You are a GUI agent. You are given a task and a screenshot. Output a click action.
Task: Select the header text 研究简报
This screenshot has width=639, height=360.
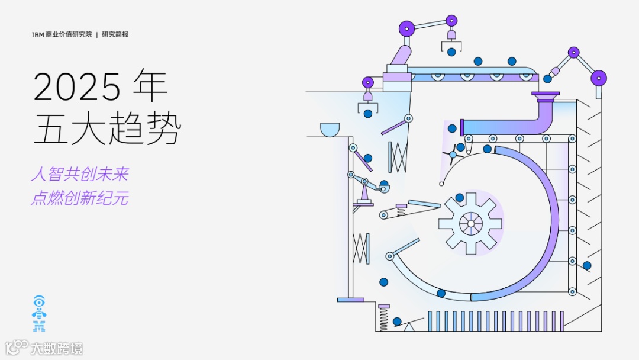pyautogui.click(x=115, y=34)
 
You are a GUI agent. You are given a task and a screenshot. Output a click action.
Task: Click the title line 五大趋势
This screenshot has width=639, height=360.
pyautogui.click(x=106, y=130)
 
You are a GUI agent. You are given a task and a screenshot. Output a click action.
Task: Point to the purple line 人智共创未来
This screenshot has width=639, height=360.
pyautogui.click(x=80, y=174)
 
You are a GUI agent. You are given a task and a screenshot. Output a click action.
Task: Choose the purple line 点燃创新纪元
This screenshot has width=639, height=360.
pyautogui.click(x=80, y=198)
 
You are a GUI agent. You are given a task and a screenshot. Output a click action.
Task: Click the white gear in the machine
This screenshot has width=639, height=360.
pyautogui.click(x=470, y=223)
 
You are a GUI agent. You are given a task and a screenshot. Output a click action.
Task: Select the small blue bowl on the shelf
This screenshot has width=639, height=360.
pyautogui.click(x=330, y=128)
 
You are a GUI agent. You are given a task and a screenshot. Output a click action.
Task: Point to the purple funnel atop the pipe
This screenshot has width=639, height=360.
pyautogui.click(x=545, y=95)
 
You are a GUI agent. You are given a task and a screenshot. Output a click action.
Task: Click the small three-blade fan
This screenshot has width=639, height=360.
pyautogui.click(x=453, y=154)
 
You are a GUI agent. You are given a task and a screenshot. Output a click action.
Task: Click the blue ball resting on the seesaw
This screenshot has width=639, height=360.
pyautogui.click(x=397, y=321)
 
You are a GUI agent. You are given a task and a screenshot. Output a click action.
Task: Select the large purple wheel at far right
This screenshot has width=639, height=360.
pyautogui.click(x=599, y=78)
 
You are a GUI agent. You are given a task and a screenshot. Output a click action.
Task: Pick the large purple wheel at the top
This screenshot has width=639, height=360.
pyautogui.click(x=406, y=28)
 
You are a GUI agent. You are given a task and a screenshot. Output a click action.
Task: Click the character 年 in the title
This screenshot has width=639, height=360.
pyautogui.click(x=151, y=86)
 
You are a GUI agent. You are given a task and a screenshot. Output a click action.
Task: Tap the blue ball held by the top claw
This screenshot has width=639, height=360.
pyautogui.click(x=451, y=52)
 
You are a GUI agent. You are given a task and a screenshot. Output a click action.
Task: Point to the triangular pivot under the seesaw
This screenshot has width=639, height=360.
pyautogui.click(x=409, y=327)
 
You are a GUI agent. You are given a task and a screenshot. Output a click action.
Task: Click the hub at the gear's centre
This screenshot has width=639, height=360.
pyautogui.click(x=470, y=224)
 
